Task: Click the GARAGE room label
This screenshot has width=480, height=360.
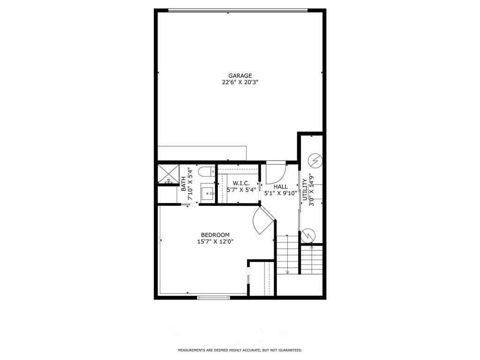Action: [240, 75]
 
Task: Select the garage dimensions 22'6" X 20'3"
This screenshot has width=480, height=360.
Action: [240, 82]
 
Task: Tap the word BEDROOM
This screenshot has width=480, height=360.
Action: [215, 235]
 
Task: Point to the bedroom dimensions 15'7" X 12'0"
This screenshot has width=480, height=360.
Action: [215, 242]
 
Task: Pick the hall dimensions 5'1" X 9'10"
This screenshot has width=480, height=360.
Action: [281, 193]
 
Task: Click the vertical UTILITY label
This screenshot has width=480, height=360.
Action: [305, 190]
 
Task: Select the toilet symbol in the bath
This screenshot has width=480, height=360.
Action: [205, 172]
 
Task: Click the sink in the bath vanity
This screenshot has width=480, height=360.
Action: [207, 193]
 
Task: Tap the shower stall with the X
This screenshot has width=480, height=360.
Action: [166, 174]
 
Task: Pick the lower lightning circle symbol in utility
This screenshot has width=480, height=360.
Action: [308, 235]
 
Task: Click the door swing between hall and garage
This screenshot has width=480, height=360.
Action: [275, 172]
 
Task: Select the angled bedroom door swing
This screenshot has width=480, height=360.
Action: [262, 221]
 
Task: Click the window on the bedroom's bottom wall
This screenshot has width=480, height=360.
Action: [213, 297]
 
